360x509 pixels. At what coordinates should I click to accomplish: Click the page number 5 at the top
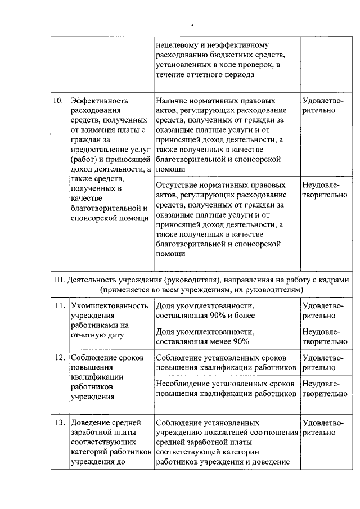[x=192, y=26]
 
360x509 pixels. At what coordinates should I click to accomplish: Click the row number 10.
[x=57, y=101]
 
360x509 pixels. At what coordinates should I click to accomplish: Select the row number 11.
[x=58, y=305]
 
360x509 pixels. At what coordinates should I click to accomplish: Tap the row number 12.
[x=58, y=357]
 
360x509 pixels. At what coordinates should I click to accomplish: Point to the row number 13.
[x=58, y=422]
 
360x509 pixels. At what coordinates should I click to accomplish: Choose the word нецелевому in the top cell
[x=179, y=46]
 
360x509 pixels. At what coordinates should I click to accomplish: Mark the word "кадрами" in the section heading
[x=335, y=279]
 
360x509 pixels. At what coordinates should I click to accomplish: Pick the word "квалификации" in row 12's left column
[x=94, y=377]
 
